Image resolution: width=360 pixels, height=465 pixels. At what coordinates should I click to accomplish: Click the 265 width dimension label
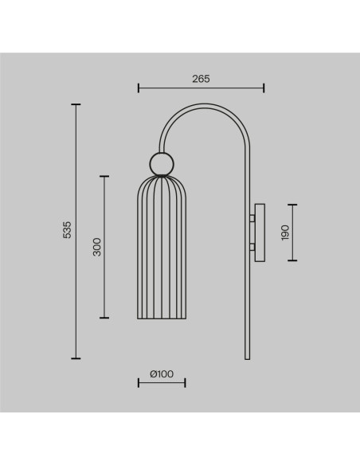point(201,79)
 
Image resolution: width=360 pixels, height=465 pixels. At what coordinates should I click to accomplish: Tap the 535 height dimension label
point(67,229)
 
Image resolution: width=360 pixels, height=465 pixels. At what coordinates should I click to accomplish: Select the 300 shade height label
point(96,247)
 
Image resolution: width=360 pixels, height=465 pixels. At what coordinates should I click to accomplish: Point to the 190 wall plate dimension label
point(284,232)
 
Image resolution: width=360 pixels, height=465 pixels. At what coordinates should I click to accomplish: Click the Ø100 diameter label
point(162,374)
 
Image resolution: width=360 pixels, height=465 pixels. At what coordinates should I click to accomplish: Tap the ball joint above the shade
point(162,164)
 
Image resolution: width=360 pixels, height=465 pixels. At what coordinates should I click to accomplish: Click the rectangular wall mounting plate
point(260,232)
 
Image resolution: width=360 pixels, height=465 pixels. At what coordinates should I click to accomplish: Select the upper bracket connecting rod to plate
point(252,218)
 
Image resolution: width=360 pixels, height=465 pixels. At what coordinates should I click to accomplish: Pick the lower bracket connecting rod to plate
point(252,247)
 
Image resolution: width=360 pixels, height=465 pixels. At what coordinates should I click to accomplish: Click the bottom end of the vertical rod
point(248,359)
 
